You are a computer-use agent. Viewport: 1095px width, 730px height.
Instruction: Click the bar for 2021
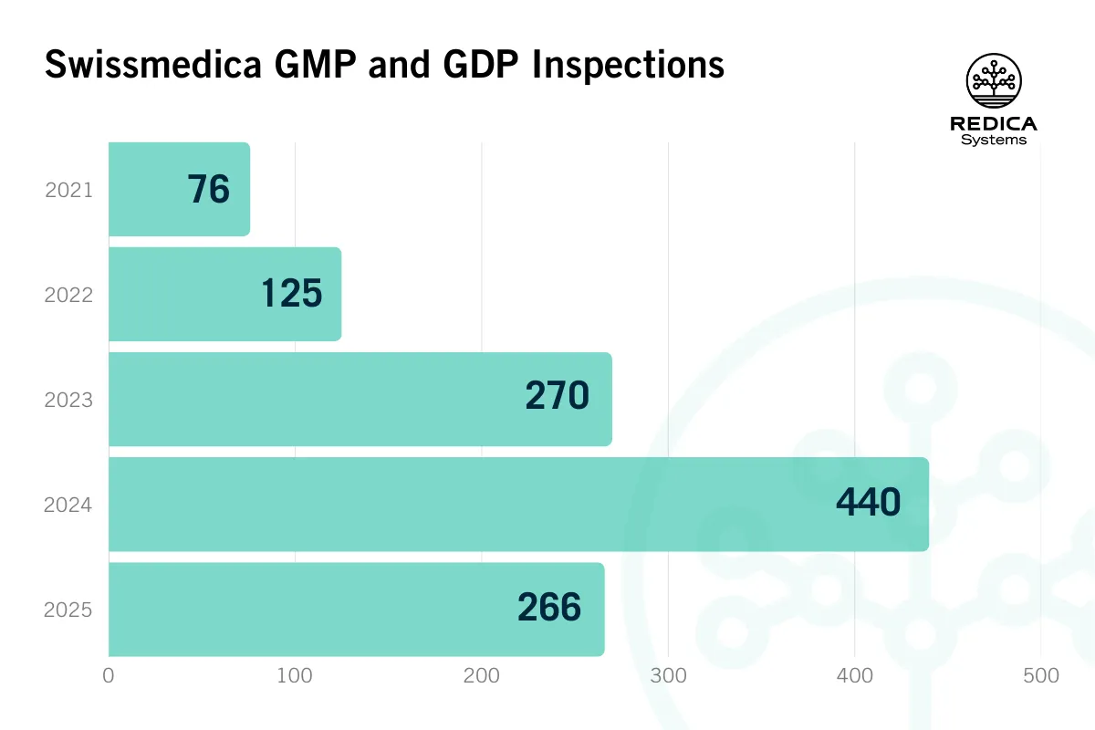(146, 190)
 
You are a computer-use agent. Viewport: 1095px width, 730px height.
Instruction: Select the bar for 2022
(182, 295)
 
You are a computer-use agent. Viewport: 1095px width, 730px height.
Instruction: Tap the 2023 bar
(310, 400)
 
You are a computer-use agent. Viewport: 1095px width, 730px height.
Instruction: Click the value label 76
(209, 190)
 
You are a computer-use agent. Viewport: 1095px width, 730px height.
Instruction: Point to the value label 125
(292, 295)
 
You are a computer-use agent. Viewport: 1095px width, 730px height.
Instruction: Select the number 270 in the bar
(557, 398)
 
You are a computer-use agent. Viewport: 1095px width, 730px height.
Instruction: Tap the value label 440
(868, 503)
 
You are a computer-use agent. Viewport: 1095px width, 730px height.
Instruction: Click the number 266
(549, 608)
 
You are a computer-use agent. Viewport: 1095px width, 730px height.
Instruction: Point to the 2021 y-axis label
(68, 191)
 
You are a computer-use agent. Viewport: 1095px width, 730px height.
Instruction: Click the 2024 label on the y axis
(68, 505)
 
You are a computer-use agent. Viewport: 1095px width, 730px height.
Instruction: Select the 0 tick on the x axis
(109, 676)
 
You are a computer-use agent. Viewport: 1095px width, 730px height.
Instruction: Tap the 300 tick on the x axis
(668, 676)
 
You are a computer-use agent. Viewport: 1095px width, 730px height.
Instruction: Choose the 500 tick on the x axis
(1040, 676)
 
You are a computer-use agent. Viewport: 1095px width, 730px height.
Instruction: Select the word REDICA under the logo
(994, 124)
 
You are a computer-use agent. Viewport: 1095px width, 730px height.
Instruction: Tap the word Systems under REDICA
(994, 141)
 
